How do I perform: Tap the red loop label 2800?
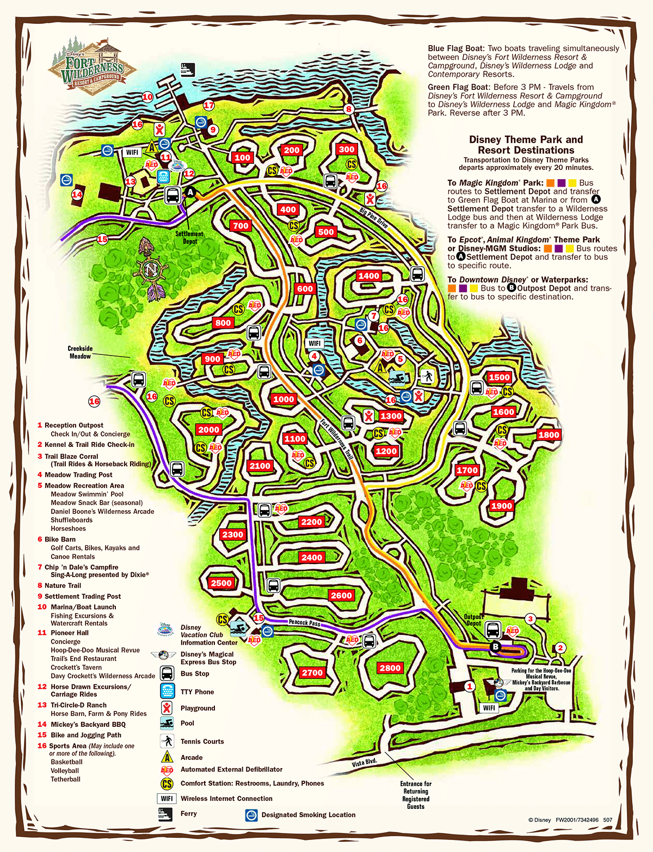tap(390, 668)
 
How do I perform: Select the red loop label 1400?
tap(368, 276)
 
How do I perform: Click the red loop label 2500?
tap(221, 583)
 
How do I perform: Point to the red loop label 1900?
tap(501, 506)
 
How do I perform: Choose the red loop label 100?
tap(242, 158)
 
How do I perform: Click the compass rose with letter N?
tap(151, 269)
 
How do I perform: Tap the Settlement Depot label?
tap(189, 237)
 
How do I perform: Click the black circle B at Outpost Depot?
tap(495, 647)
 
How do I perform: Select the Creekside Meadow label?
tap(80, 352)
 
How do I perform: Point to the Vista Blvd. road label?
tap(364, 763)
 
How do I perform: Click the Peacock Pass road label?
tap(304, 622)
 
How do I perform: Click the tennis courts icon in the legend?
tap(167, 741)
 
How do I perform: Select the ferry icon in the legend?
tap(165, 814)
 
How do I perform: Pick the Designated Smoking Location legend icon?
tap(251, 815)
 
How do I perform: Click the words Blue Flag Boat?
tap(456, 48)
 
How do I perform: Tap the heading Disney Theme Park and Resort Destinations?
tap(526, 145)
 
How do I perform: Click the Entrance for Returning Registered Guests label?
tap(416, 795)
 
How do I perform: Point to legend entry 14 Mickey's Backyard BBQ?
tap(82, 725)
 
